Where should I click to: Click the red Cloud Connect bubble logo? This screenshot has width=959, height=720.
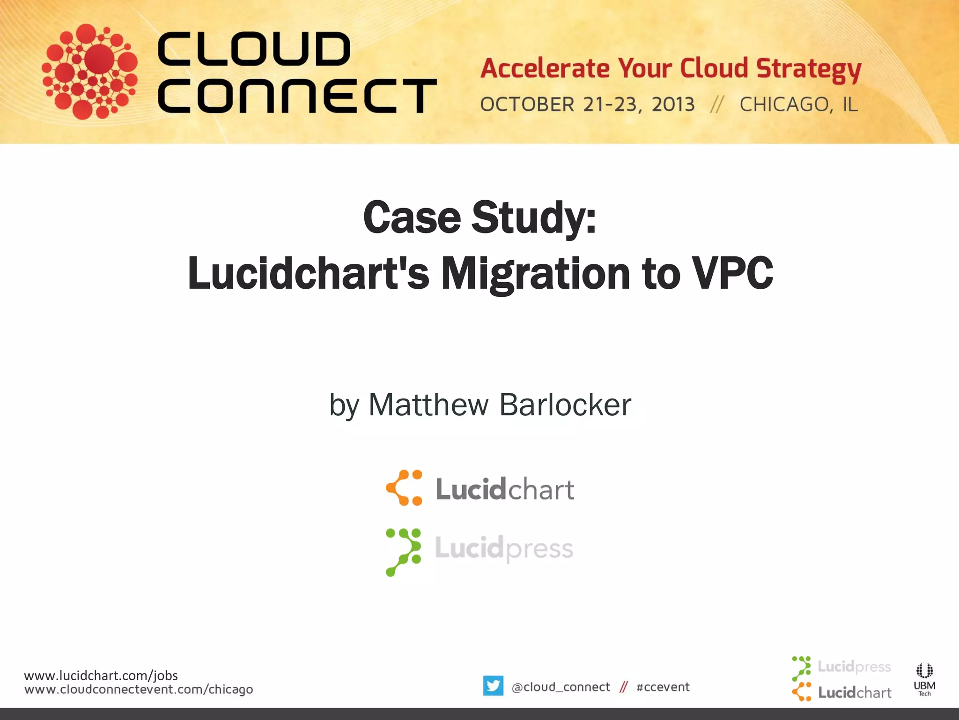click(x=89, y=71)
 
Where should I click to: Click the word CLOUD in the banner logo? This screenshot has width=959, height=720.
click(x=254, y=49)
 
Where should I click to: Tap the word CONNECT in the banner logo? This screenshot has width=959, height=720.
click(x=297, y=96)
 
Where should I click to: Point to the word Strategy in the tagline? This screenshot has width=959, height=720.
click(x=809, y=69)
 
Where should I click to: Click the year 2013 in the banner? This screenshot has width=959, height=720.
click(x=673, y=104)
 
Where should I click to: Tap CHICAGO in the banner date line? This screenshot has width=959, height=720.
click(x=783, y=104)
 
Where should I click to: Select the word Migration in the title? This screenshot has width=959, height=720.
click(x=536, y=274)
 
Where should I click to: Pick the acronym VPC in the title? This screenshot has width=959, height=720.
click(x=733, y=274)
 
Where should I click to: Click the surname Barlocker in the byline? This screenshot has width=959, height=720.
click(x=565, y=405)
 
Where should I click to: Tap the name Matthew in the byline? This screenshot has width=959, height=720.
click(x=428, y=405)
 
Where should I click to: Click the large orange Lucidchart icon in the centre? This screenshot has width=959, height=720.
click(x=404, y=488)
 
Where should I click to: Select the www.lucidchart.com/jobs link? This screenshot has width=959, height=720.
click(x=101, y=675)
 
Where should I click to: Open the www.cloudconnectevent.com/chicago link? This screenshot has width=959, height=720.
click(x=139, y=690)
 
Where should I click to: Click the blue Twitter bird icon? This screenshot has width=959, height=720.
click(x=493, y=686)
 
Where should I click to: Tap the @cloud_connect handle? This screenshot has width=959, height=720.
click(x=561, y=687)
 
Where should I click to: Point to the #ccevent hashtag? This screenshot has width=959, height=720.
click(x=663, y=687)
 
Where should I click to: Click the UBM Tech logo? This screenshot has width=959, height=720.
click(x=924, y=679)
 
